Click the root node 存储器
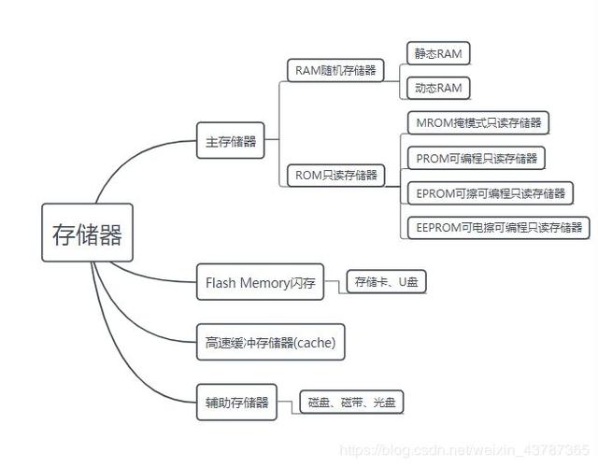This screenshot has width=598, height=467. pyautogui.click(x=88, y=233)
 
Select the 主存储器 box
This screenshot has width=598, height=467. pyautogui.click(x=230, y=142)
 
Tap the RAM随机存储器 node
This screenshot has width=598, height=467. pyautogui.click(x=335, y=70)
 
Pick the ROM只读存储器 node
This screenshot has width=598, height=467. pyautogui.click(x=334, y=175)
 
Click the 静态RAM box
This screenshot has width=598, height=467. pyautogui.click(x=437, y=52)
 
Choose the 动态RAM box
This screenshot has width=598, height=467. pyautogui.click(x=437, y=88)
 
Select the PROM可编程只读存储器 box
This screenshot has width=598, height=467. pyautogui.click(x=476, y=158)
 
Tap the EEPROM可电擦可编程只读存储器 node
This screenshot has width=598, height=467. pyautogui.click(x=498, y=227)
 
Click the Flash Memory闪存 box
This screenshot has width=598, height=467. pyautogui.click(x=260, y=282)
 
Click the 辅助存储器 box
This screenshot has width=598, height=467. pyautogui.click(x=236, y=403)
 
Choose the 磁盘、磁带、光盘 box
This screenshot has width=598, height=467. pyautogui.click(x=351, y=403)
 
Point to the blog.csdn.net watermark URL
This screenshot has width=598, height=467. pyautogui.click(x=463, y=451)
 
